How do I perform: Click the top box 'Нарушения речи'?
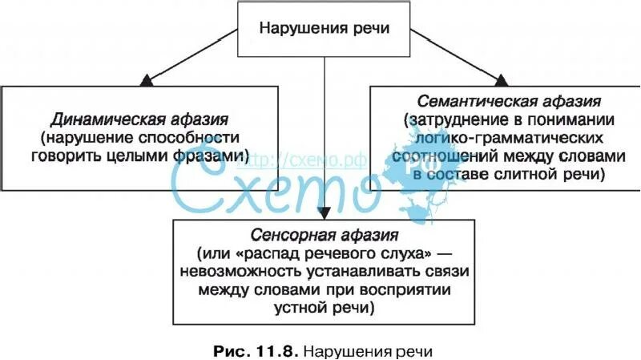(x=324, y=28)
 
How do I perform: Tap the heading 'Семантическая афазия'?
(x=510, y=103)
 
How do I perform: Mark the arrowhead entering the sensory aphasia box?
(x=324, y=213)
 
